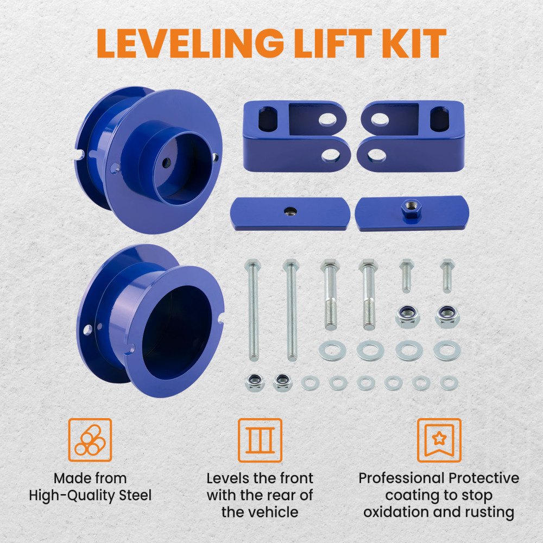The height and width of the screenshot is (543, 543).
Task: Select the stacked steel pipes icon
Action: point(90,440)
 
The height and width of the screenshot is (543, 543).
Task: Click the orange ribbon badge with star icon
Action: point(439,440)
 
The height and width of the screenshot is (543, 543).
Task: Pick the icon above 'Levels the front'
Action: point(260,440)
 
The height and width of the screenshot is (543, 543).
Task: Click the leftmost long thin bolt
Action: point(253,310)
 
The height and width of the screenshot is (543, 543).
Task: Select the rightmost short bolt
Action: point(446,276)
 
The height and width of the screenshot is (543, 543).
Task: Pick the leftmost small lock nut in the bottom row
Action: point(255,382)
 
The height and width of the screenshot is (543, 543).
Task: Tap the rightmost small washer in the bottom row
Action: point(449,383)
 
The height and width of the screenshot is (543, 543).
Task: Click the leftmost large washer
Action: point(332,350)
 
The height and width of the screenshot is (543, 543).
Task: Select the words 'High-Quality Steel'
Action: point(90,495)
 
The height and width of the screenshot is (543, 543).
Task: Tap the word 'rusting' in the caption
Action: point(488,512)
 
